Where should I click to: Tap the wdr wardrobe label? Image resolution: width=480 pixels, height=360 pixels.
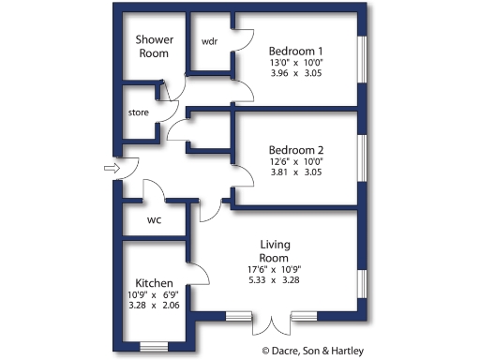click(x=209, y=42)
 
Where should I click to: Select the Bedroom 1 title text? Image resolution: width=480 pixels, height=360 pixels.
click(x=295, y=51)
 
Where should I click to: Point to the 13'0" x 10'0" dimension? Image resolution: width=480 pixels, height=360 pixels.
click(x=295, y=64)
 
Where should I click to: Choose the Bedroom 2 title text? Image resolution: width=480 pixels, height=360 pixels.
click(x=295, y=150)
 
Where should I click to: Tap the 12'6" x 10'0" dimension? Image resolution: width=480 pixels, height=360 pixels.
click(x=295, y=162)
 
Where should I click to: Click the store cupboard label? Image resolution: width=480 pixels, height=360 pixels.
click(x=139, y=112)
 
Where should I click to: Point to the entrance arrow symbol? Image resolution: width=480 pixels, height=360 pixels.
click(x=111, y=169)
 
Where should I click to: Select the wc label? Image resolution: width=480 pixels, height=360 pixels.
click(x=156, y=221)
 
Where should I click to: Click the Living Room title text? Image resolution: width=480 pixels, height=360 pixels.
click(x=274, y=251)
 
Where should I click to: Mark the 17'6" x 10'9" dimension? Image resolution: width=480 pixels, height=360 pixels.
click(x=274, y=271)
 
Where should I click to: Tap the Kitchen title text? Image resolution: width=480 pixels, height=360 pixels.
click(x=153, y=282)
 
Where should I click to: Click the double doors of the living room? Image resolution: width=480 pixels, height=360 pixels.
click(x=272, y=323)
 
